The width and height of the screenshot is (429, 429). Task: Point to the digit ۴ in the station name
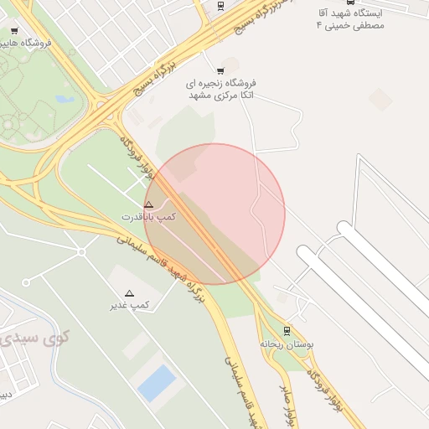click(x=318, y=26)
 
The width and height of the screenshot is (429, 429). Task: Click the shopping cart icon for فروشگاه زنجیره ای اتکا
click(x=220, y=70)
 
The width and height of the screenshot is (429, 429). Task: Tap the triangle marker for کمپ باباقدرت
click(x=149, y=204)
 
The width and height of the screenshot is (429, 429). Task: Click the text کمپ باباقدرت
click(x=149, y=216)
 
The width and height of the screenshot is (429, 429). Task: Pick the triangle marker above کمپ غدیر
click(x=129, y=293)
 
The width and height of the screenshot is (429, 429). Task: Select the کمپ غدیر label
click(x=129, y=305)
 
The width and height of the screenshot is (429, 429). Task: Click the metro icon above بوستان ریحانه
click(x=287, y=330)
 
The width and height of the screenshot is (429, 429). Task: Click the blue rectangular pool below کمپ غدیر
click(x=157, y=383)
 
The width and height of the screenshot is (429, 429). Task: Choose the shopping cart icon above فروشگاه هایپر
click(x=14, y=30)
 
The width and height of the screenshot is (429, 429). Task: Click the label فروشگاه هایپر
click(x=26, y=42)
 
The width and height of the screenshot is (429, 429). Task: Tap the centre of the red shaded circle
click(x=214, y=214)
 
